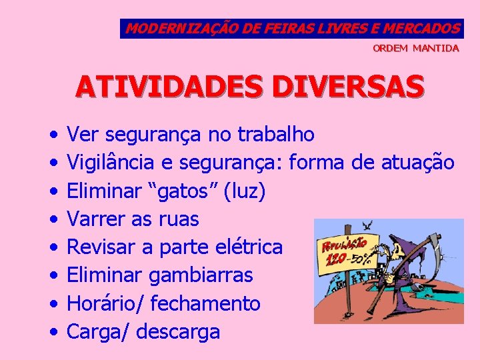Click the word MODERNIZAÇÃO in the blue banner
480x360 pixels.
point(173,29)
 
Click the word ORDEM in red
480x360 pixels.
point(390,49)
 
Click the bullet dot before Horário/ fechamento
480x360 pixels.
point(53,304)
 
